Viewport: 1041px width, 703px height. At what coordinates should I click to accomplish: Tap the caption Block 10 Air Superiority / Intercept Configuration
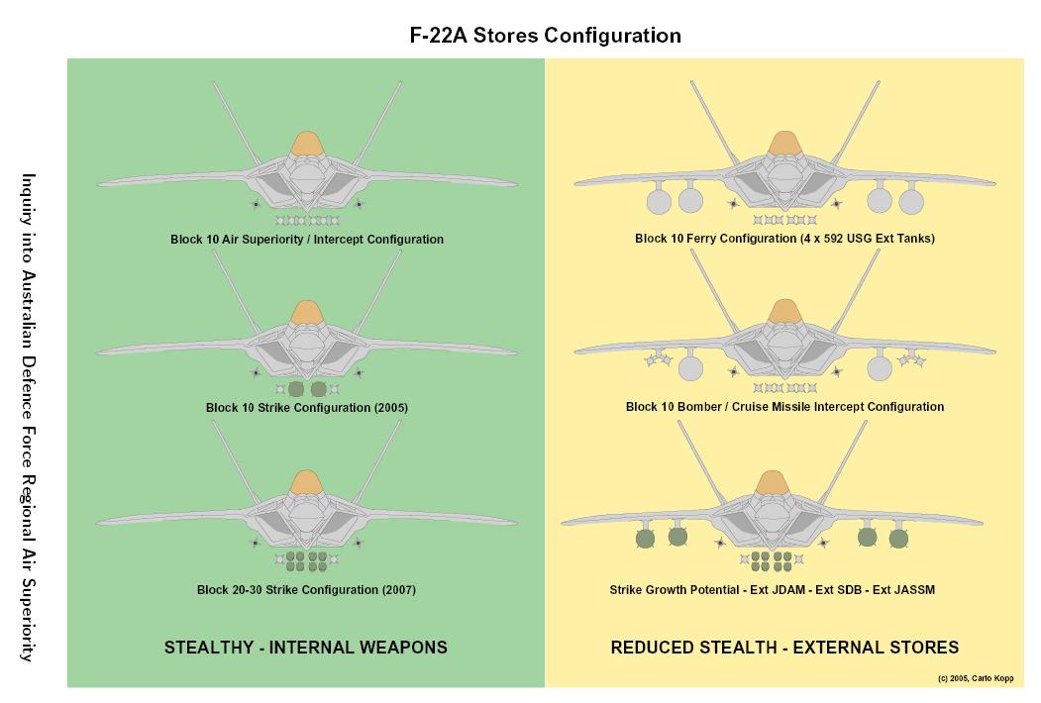[x=307, y=240]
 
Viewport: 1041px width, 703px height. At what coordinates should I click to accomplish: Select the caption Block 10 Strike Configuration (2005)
[x=307, y=408]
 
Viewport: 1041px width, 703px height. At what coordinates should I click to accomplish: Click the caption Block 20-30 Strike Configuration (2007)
[x=306, y=590]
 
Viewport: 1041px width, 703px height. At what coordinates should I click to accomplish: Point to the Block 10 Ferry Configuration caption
[x=784, y=240]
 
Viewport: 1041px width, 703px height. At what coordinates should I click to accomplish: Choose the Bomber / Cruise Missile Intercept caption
[x=784, y=407]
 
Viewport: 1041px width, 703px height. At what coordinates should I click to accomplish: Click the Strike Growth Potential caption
[x=772, y=590]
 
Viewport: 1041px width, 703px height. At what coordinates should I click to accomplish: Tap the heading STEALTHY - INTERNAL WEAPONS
[x=305, y=648]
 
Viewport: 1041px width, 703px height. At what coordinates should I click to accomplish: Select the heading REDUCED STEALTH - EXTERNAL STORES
[x=784, y=648]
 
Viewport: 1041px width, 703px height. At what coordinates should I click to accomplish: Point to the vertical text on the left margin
[x=30, y=416]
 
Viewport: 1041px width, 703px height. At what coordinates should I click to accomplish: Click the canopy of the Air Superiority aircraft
[x=307, y=145]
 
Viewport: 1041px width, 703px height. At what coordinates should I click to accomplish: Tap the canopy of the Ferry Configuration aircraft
[x=784, y=145]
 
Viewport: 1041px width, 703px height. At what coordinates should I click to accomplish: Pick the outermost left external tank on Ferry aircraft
[x=658, y=202]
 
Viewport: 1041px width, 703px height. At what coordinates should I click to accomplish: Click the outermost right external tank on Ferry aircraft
[x=910, y=202]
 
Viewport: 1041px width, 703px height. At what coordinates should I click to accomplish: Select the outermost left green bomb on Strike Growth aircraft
[x=645, y=540]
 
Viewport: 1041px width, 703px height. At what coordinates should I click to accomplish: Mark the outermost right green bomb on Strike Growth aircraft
[x=897, y=540]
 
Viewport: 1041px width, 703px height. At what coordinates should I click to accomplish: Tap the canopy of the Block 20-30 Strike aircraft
[x=307, y=482]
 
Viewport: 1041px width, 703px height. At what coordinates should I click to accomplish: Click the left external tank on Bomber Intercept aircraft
[x=690, y=369]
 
